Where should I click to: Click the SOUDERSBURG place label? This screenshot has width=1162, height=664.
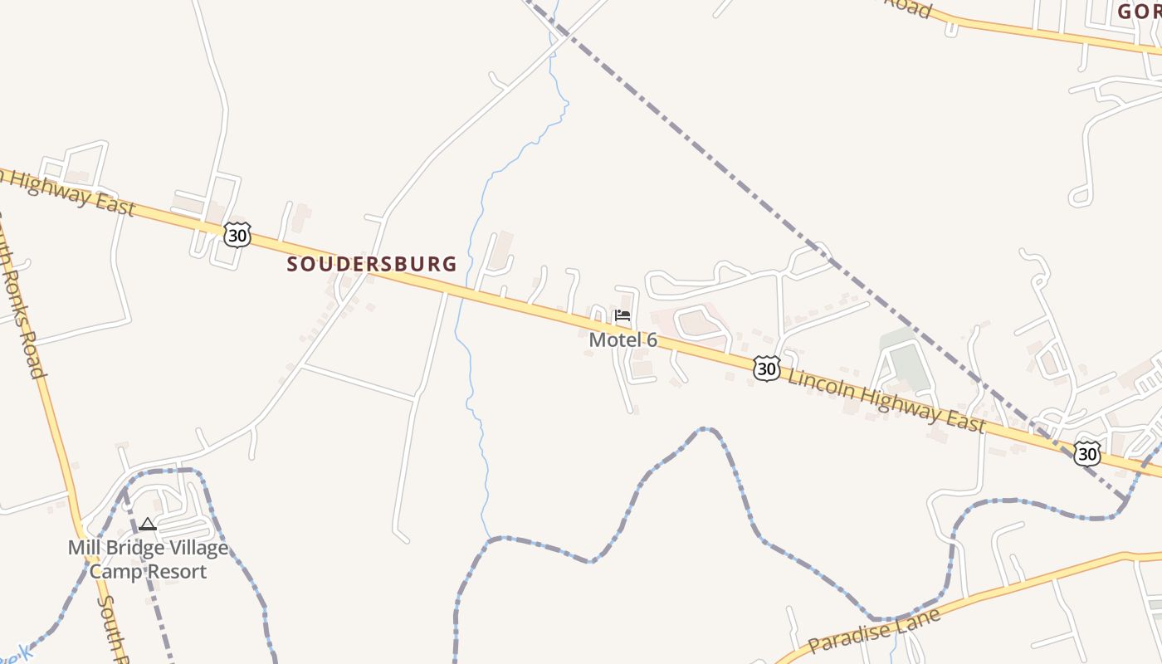pyautogui.click(x=372, y=264)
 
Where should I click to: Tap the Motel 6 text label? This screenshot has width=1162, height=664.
pyautogui.click(x=622, y=339)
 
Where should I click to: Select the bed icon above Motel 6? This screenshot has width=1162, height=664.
pyautogui.click(x=622, y=316)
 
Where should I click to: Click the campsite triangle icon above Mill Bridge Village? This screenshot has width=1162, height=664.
pyautogui.click(x=148, y=524)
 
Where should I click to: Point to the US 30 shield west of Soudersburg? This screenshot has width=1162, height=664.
pyautogui.click(x=237, y=235)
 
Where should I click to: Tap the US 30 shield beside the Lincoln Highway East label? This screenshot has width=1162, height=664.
pyautogui.click(x=766, y=368)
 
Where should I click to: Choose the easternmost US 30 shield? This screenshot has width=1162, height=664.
pyautogui.click(x=1086, y=452)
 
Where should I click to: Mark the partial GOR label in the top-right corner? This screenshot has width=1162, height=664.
pyautogui.click(x=1138, y=11)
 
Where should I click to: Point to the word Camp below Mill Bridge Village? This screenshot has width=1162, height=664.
pyautogui.click(x=115, y=571)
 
